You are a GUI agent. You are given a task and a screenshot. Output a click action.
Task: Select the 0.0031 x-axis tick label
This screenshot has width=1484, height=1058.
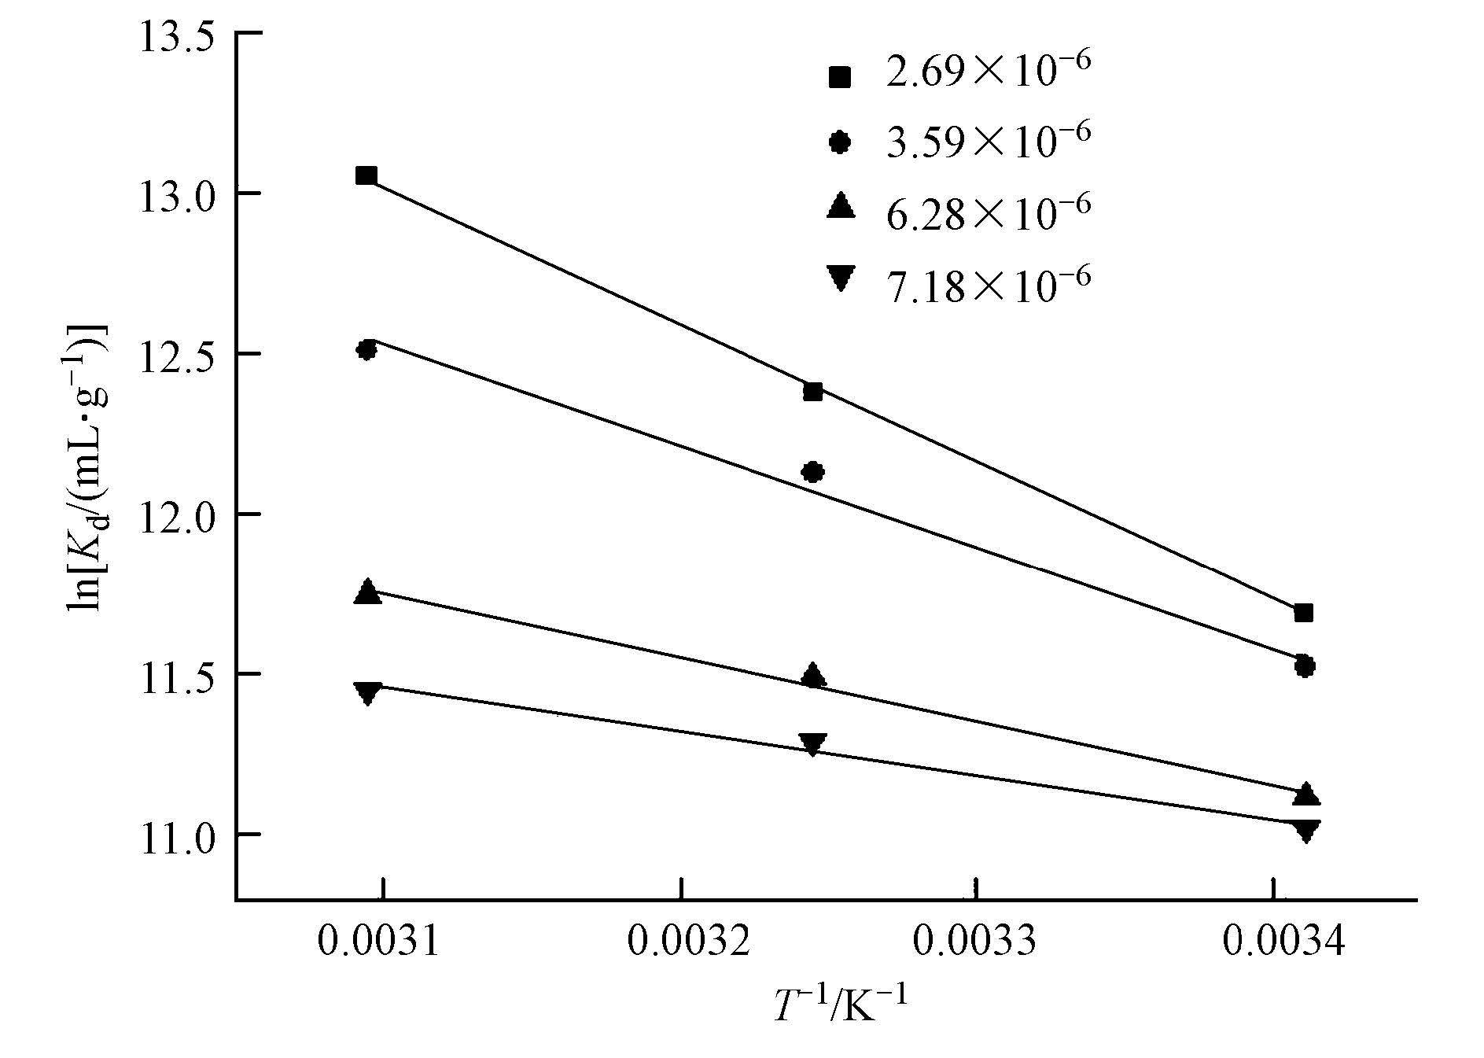377,940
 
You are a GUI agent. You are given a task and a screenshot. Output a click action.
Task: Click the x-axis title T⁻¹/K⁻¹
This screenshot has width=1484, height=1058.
841,1006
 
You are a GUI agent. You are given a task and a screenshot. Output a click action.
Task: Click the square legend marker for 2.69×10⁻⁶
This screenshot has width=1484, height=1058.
840,76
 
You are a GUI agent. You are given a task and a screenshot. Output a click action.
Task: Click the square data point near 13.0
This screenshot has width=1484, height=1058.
366,175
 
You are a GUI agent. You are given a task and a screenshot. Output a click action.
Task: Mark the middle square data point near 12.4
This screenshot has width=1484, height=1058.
813,391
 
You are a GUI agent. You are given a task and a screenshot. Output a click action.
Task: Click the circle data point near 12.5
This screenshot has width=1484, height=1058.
366,349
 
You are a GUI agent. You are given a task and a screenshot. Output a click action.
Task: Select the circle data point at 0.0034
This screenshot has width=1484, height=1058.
1304,665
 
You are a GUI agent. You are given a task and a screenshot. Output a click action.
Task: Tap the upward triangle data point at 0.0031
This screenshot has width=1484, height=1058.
367,592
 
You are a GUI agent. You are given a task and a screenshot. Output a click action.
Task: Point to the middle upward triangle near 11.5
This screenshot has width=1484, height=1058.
813,676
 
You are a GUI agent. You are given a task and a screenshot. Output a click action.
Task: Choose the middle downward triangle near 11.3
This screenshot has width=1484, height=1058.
812,743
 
